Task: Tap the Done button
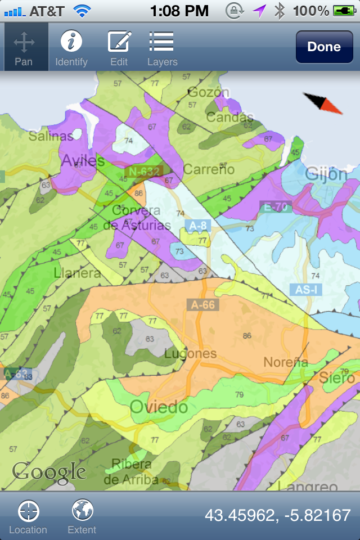click(x=324, y=47)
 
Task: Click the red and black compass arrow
click(x=323, y=102)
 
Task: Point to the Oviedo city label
click(x=159, y=407)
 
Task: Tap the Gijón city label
click(x=326, y=174)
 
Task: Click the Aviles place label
click(x=83, y=161)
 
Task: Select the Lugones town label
click(x=191, y=354)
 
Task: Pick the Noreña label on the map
click(x=286, y=362)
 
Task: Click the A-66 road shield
click(x=202, y=305)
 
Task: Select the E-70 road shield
click(x=276, y=207)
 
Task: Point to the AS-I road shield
click(x=307, y=290)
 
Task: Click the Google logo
click(x=49, y=471)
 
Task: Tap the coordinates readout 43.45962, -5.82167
click(x=277, y=515)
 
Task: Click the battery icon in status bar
click(x=344, y=10)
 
